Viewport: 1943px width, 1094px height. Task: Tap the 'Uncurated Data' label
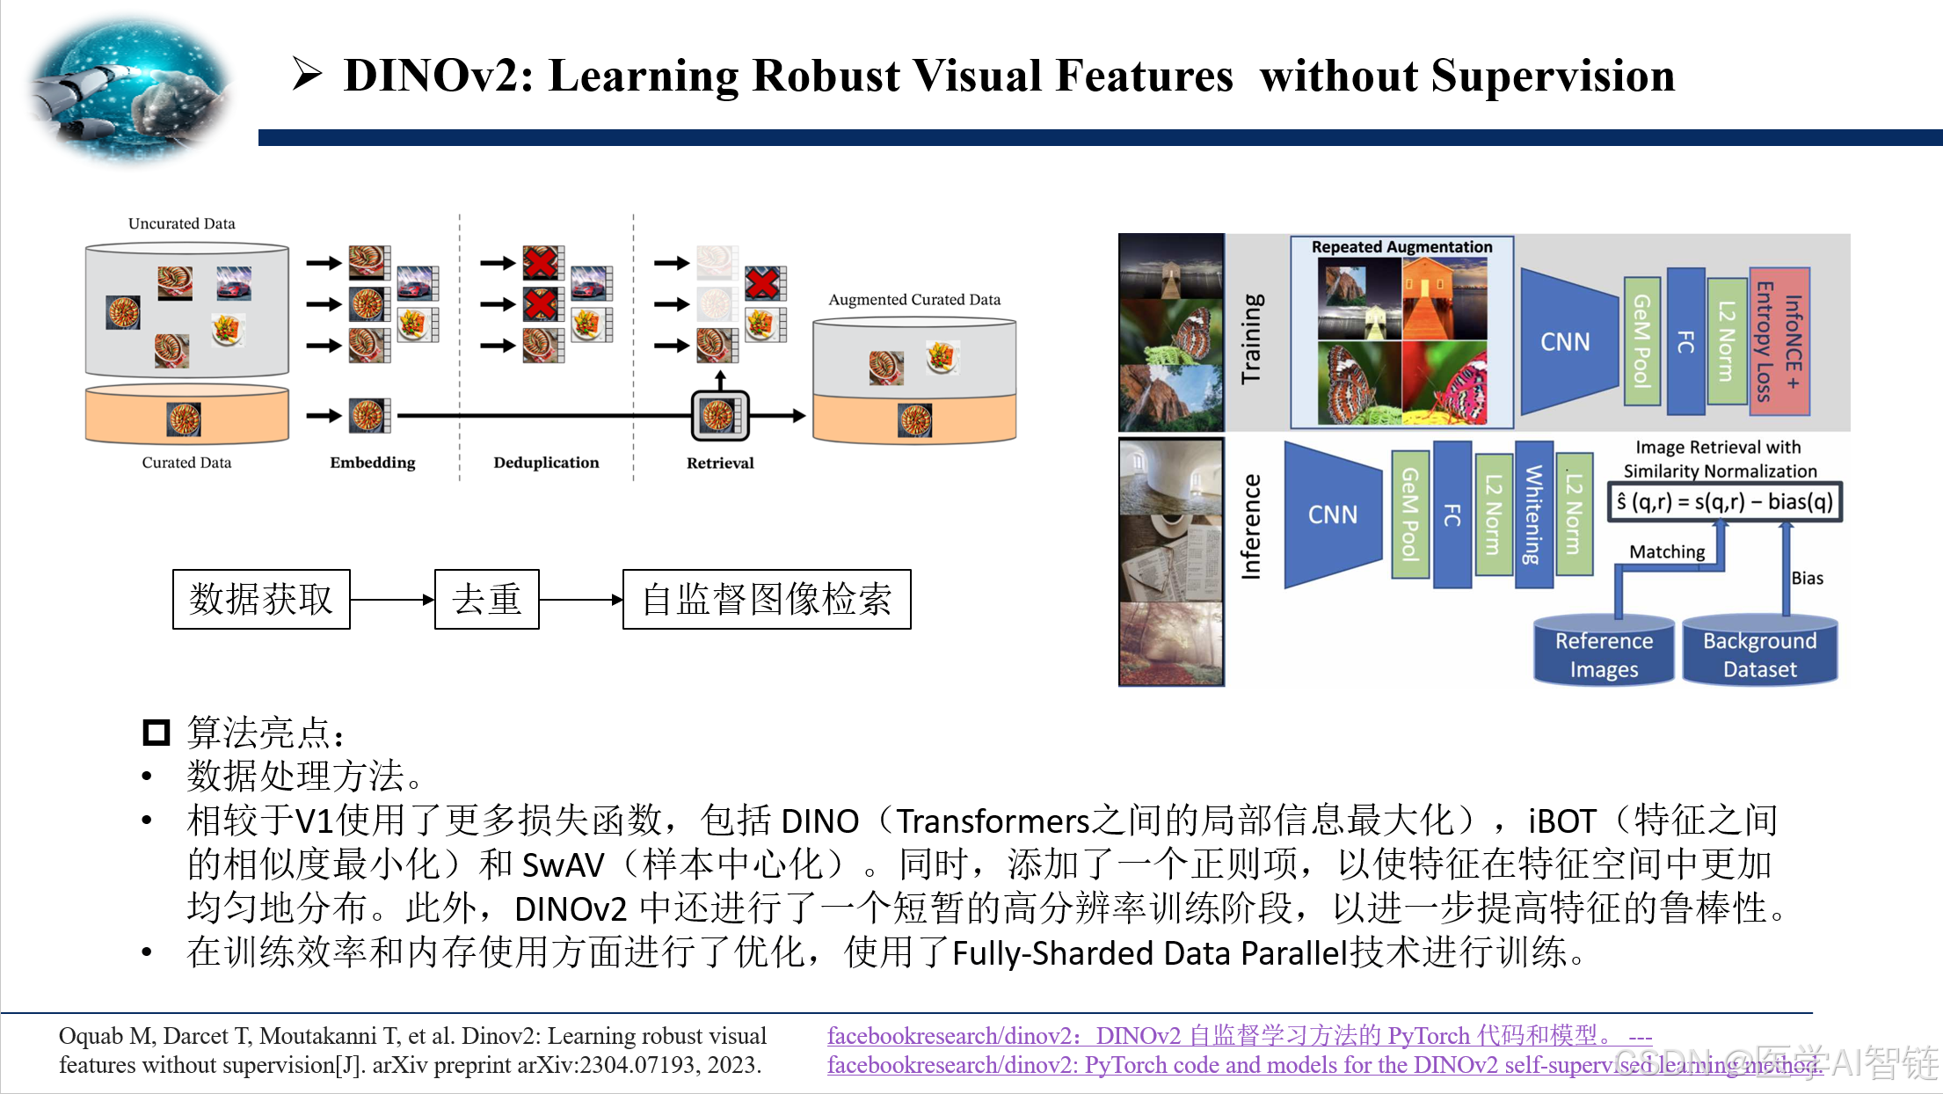pos(181,223)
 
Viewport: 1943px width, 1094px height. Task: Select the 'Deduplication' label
pos(546,463)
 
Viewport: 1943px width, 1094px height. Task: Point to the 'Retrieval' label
pos(720,463)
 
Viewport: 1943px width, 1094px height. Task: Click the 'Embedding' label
pos(373,463)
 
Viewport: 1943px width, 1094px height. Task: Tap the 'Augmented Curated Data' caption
pos(914,300)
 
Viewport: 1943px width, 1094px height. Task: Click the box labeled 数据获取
pos(261,600)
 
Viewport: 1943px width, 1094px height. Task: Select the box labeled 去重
pos(487,600)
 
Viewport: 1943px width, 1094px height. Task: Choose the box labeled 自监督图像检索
pos(767,600)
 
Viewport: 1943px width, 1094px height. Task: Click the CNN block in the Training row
pos(1566,341)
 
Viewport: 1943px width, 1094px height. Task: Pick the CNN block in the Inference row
pos(1333,514)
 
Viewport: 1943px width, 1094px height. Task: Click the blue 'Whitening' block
pos(1533,514)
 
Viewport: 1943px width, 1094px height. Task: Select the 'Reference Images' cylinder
pos(1604,653)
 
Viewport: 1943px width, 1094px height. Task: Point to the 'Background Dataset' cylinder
pos(1759,653)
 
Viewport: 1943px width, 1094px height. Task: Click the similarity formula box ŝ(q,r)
pos(1724,502)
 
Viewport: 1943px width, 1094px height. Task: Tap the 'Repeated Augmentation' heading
pos(1401,247)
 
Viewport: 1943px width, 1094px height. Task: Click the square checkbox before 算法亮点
pos(156,732)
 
